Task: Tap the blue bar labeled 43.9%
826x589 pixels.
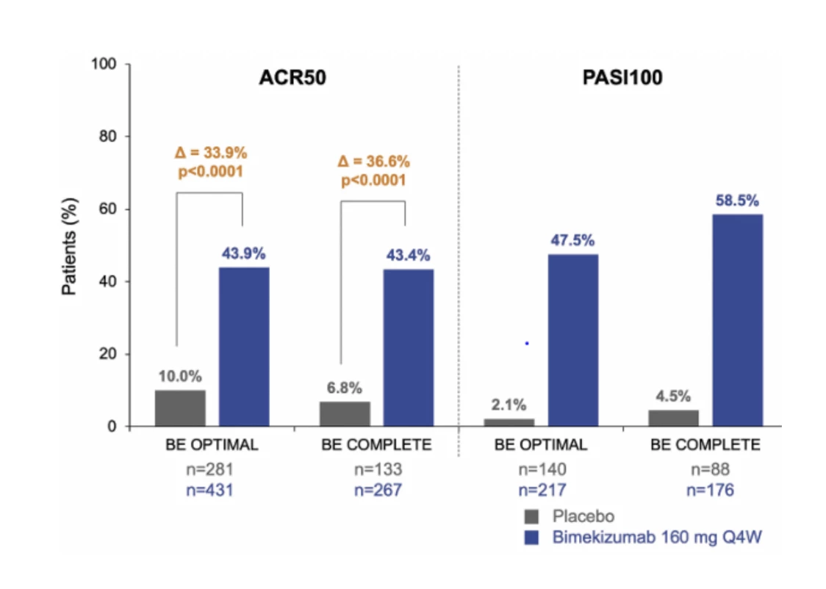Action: point(244,347)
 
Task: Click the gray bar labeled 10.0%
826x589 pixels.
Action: point(180,408)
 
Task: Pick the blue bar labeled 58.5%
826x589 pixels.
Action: point(737,320)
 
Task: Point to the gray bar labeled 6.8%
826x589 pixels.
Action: point(345,413)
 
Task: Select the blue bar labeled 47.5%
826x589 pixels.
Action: point(572,340)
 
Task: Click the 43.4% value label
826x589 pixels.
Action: point(408,256)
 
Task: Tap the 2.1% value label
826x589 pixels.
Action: point(509,404)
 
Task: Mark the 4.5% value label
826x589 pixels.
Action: point(672,396)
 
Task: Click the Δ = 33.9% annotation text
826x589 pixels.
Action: point(210,153)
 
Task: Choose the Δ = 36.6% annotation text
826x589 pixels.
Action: point(373,162)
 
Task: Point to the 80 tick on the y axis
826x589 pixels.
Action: point(109,137)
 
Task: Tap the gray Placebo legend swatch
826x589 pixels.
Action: point(532,516)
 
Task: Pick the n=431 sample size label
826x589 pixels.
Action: point(209,490)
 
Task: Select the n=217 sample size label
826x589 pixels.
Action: point(541,490)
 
